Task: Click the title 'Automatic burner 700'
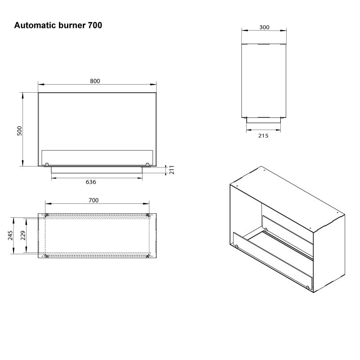click(58, 25)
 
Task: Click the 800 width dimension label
click(95, 81)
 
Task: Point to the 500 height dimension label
click(19, 131)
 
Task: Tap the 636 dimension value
click(91, 182)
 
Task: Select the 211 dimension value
click(172, 170)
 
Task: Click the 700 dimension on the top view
click(94, 200)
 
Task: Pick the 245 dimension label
click(10, 235)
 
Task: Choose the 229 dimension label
click(23, 235)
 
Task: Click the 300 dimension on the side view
click(264, 27)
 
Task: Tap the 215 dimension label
click(263, 136)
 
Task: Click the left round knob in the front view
click(47, 164)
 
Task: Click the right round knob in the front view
click(148, 164)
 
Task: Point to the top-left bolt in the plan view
click(47, 215)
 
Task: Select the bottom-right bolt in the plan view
click(148, 256)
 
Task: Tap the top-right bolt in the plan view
click(148, 215)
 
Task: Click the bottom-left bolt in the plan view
click(47, 256)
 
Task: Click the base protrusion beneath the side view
click(264, 121)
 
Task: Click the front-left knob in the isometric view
click(237, 246)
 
